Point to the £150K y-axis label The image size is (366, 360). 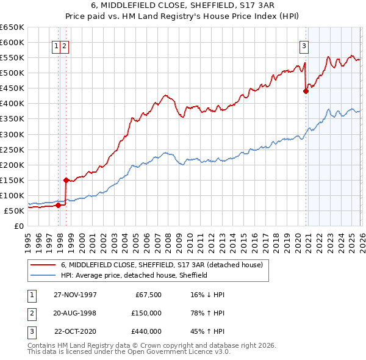[12, 180]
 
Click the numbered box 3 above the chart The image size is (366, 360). [304, 45]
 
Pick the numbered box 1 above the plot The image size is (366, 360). [56, 45]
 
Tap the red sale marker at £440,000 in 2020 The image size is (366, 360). [306, 91]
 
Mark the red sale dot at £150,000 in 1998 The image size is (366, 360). [66, 180]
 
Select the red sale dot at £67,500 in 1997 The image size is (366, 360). [59, 205]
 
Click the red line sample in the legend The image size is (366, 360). [43, 265]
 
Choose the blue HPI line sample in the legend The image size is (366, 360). [43, 275]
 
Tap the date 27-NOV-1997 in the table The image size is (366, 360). [75, 294]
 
